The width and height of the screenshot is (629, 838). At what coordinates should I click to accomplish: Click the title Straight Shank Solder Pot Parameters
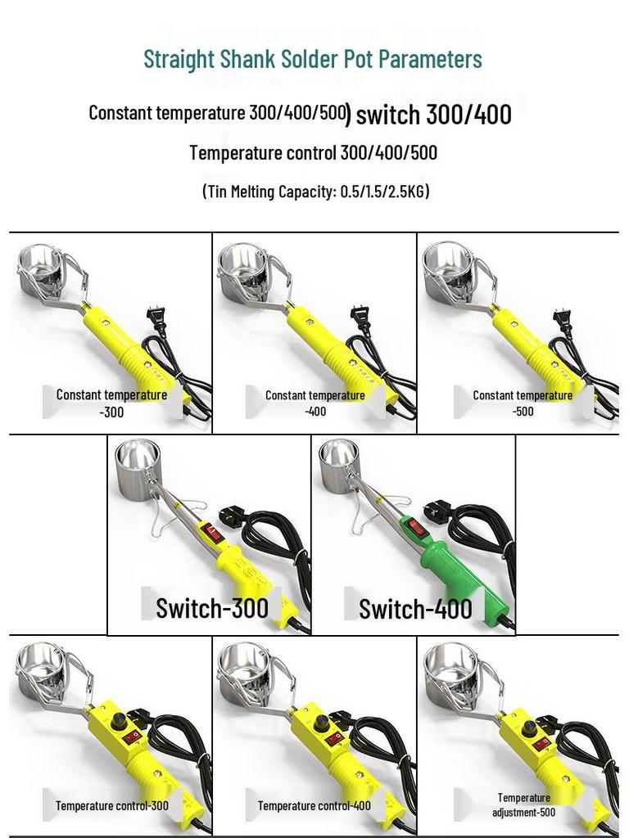[312, 59]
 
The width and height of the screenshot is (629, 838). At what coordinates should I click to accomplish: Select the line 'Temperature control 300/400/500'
[313, 153]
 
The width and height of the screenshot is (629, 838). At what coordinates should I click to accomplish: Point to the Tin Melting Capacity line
[315, 191]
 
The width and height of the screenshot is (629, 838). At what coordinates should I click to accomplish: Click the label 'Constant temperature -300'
[111, 403]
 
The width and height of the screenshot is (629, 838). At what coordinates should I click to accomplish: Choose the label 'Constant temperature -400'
[315, 403]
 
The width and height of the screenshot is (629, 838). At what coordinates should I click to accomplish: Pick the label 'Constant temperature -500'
[523, 403]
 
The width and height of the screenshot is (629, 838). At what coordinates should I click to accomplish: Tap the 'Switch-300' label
[212, 608]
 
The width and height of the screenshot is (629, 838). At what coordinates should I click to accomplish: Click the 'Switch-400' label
[415, 609]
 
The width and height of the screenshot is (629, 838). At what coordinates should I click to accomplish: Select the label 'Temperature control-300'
[112, 805]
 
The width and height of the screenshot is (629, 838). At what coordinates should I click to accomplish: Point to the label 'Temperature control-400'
[314, 805]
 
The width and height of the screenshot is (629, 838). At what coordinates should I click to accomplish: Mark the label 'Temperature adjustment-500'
[523, 804]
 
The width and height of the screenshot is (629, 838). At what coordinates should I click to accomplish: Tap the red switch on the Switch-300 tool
[213, 533]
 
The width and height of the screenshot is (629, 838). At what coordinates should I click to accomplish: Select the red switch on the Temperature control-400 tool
[334, 739]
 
